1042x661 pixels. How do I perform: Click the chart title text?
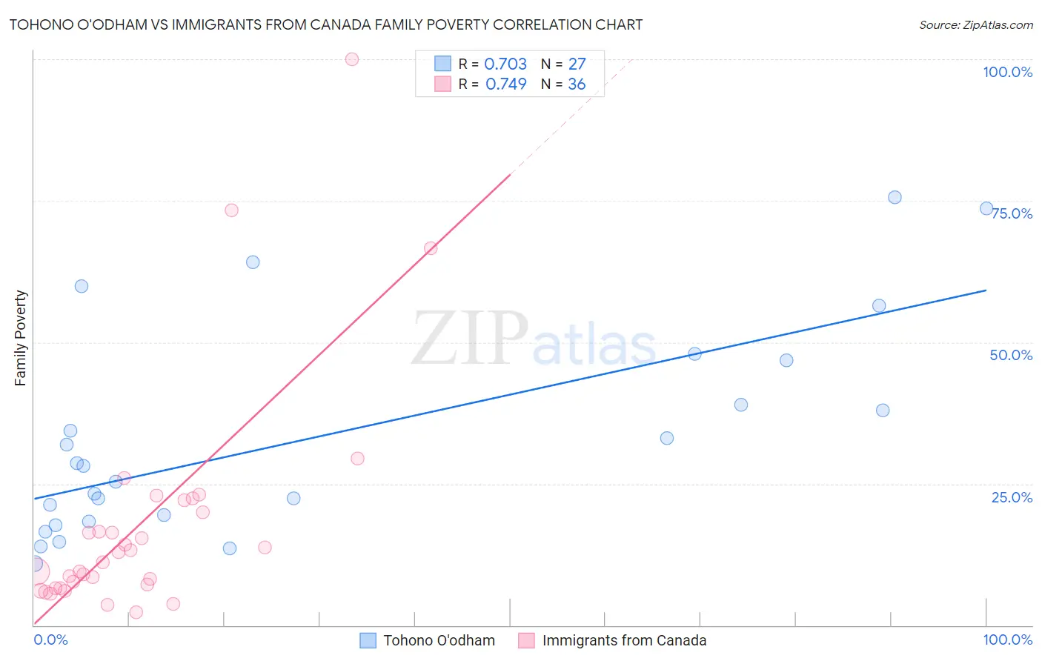click(x=325, y=24)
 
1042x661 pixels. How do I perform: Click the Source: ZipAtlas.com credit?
click(x=975, y=24)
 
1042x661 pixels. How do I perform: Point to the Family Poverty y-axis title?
click(x=21, y=338)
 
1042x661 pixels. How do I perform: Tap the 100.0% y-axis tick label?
click(x=1007, y=72)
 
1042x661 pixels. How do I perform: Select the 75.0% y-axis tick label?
click(x=1012, y=213)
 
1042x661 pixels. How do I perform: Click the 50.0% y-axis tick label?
click(x=1010, y=355)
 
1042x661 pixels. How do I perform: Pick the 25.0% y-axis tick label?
click(x=1012, y=497)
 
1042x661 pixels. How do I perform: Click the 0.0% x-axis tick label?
click(x=50, y=640)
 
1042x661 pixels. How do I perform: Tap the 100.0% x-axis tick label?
click(x=1007, y=640)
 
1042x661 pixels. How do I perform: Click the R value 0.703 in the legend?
click(x=505, y=64)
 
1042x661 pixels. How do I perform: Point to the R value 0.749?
click(x=505, y=84)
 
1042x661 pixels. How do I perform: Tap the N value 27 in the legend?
click(x=577, y=64)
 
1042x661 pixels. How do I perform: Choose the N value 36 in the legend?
click(x=577, y=84)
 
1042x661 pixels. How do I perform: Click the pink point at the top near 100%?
click(x=352, y=59)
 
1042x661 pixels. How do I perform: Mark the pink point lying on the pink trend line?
click(x=431, y=248)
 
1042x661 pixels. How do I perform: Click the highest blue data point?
click(x=895, y=197)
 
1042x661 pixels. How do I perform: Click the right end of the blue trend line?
click(x=986, y=290)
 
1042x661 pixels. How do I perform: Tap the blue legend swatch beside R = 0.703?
click(x=442, y=64)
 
